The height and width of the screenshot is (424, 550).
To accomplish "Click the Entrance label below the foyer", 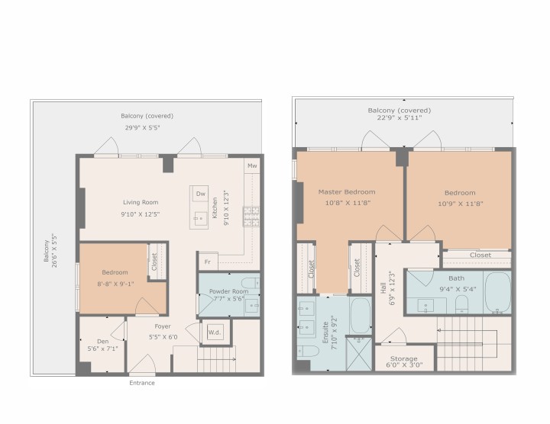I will [x=141, y=383].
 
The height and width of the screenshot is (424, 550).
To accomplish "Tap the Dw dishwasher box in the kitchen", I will [x=201, y=194].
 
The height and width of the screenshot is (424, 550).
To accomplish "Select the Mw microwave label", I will [x=251, y=165].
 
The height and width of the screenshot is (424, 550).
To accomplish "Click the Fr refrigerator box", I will [x=206, y=262].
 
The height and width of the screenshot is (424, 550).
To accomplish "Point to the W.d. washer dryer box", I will [x=215, y=332].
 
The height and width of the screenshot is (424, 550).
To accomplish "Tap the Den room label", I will [x=102, y=341].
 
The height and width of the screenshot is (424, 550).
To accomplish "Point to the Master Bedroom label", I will [x=347, y=191].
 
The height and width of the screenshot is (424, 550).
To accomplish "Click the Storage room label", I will [x=404, y=358].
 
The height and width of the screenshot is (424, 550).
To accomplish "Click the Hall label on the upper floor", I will [x=382, y=288].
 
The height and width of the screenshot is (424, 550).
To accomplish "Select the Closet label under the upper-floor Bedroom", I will [x=480, y=255].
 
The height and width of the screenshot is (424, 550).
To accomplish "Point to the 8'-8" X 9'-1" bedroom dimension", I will [x=115, y=283].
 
